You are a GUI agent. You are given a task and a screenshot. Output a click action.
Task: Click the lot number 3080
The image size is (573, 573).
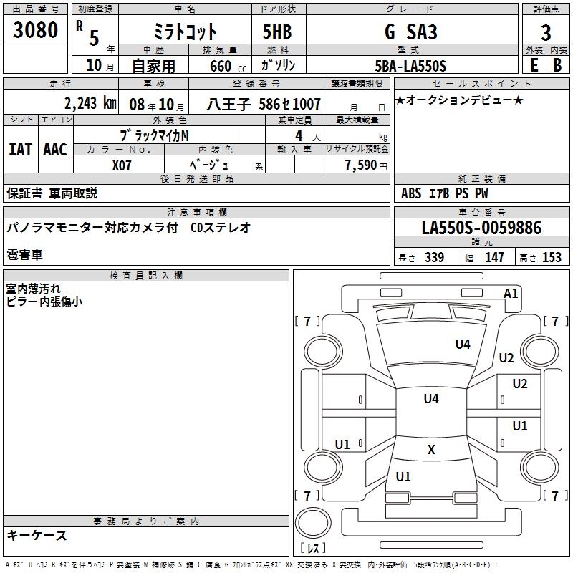click(x=35, y=31)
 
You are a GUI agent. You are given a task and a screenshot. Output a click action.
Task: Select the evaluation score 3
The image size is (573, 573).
click(x=546, y=32)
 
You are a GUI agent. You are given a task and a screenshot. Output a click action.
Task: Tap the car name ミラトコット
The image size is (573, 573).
click(x=186, y=32)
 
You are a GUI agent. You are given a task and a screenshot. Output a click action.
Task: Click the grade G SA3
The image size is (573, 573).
click(x=410, y=32)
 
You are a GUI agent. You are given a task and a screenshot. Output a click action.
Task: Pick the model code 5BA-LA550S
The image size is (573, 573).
click(x=410, y=66)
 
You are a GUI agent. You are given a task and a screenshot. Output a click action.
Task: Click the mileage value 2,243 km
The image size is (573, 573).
click(x=90, y=104)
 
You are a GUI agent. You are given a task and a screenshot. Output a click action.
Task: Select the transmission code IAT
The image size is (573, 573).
click(x=20, y=150)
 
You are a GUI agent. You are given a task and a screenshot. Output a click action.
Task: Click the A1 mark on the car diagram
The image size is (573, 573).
click(x=511, y=293)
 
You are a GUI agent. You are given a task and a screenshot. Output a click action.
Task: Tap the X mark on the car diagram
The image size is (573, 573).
click(x=431, y=450)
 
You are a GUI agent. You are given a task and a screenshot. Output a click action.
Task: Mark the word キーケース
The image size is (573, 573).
click(x=37, y=535)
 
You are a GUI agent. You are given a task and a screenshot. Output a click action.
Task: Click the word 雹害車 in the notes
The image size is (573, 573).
click(x=25, y=254)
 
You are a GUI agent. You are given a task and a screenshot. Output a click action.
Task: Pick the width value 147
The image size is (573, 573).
click(x=494, y=258)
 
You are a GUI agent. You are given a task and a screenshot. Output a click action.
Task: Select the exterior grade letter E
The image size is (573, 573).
click(x=534, y=66)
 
